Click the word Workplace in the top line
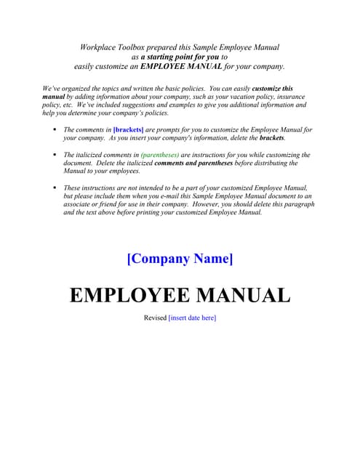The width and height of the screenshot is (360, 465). (98, 47)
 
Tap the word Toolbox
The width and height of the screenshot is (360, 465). (135, 47)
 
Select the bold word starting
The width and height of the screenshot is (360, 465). (163, 57)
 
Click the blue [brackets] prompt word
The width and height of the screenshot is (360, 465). (129, 129)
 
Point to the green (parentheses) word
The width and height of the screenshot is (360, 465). (159, 155)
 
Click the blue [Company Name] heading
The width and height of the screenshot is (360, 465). (180, 259)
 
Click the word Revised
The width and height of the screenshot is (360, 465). (155, 318)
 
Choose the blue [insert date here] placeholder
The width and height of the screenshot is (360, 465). (192, 318)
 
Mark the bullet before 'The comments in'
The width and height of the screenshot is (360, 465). (55, 129)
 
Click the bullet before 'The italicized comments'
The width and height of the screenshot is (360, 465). (55, 155)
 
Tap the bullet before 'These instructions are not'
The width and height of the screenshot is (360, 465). (55, 187)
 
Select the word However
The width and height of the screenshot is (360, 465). (223, 204)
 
